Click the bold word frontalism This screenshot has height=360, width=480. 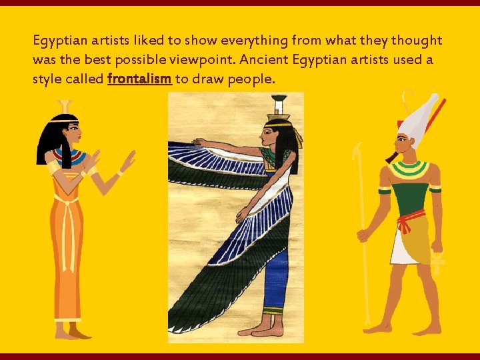[139, 79]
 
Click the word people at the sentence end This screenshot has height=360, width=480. [251, 79]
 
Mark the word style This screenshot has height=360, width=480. [47, 79]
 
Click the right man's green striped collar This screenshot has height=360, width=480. [409, 170]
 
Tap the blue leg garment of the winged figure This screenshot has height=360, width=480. [274, 280]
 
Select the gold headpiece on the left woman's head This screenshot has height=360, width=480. [65, 107]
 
